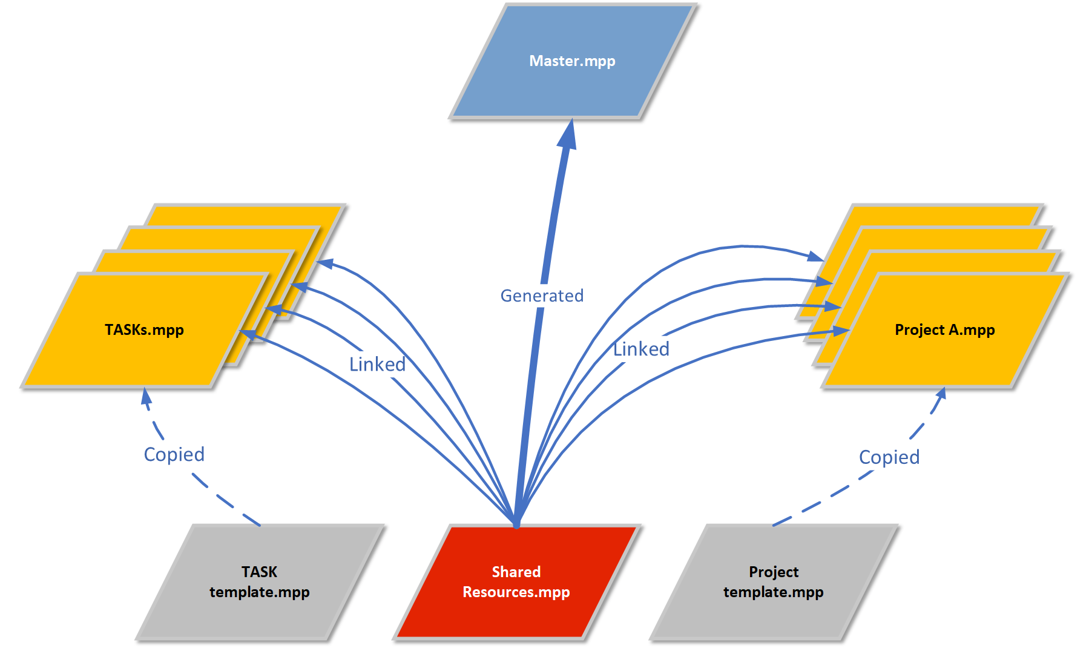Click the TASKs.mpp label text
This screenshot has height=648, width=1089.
[144, 330]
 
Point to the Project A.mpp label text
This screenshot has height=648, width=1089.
[944, 330]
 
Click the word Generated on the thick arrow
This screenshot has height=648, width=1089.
[542, 296]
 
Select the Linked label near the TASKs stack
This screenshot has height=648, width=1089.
[377, 364]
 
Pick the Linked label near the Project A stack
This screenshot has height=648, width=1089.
[641, 349]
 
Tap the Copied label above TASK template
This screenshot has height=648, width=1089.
[174, 454]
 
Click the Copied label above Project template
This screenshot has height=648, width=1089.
[889, 457]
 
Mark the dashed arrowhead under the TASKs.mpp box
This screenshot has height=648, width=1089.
[146, 396]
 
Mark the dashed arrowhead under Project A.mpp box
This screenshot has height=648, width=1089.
[941, 394]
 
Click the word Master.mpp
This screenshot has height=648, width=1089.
[572, 61]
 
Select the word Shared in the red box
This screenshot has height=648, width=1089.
[516, 572]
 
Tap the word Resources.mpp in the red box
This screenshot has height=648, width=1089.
[516, 592]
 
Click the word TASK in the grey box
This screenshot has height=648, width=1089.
[259, 572]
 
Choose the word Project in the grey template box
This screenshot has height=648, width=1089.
[774, 572]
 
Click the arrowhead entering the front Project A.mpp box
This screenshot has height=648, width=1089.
[842, 331]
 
